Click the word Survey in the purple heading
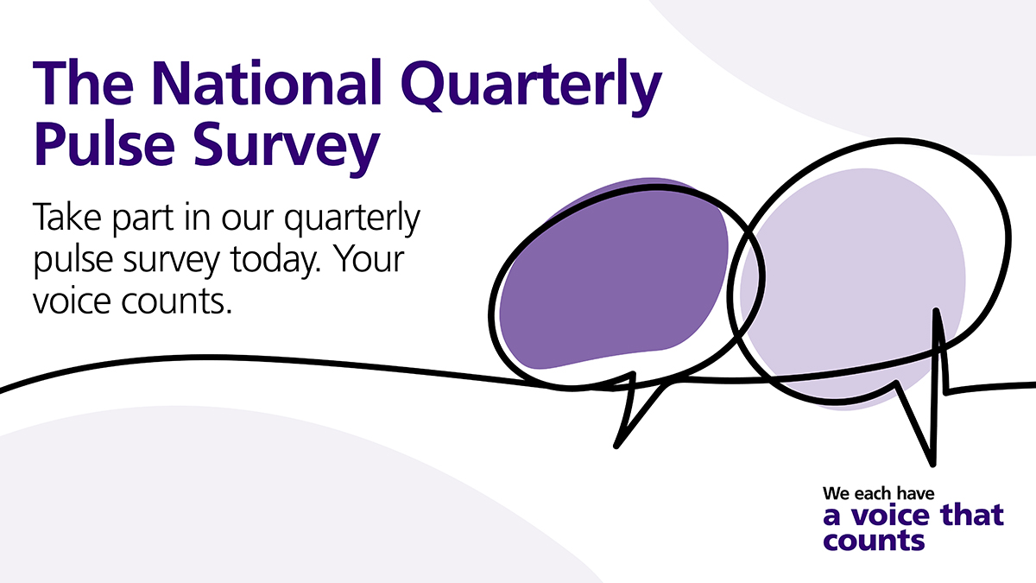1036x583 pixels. (x=287, y=148)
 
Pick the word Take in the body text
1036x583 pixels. (x=67, y=216)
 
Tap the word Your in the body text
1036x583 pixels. (x=370, y=258)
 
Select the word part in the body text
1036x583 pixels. (x=142, y=219)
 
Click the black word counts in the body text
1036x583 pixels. (x=176, y=301)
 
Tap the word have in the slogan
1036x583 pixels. (x=916, y=494)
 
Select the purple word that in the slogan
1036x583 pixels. (x=973, y=515)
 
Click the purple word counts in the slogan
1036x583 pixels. (x=874, y=540)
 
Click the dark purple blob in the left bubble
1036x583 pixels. (x=614, y=274)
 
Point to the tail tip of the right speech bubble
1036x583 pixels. (x=932, y=464)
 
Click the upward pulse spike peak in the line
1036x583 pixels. (x=936, y=310)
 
